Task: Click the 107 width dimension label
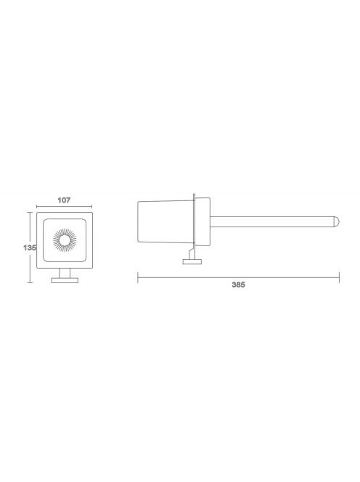64,200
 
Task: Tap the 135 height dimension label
30,248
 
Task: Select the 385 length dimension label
239,285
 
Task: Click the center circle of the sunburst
65,240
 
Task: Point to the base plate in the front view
65,280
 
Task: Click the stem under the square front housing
65,273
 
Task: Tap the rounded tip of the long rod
336,221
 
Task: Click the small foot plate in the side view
192,261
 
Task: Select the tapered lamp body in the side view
165,221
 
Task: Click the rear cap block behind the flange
202,221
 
